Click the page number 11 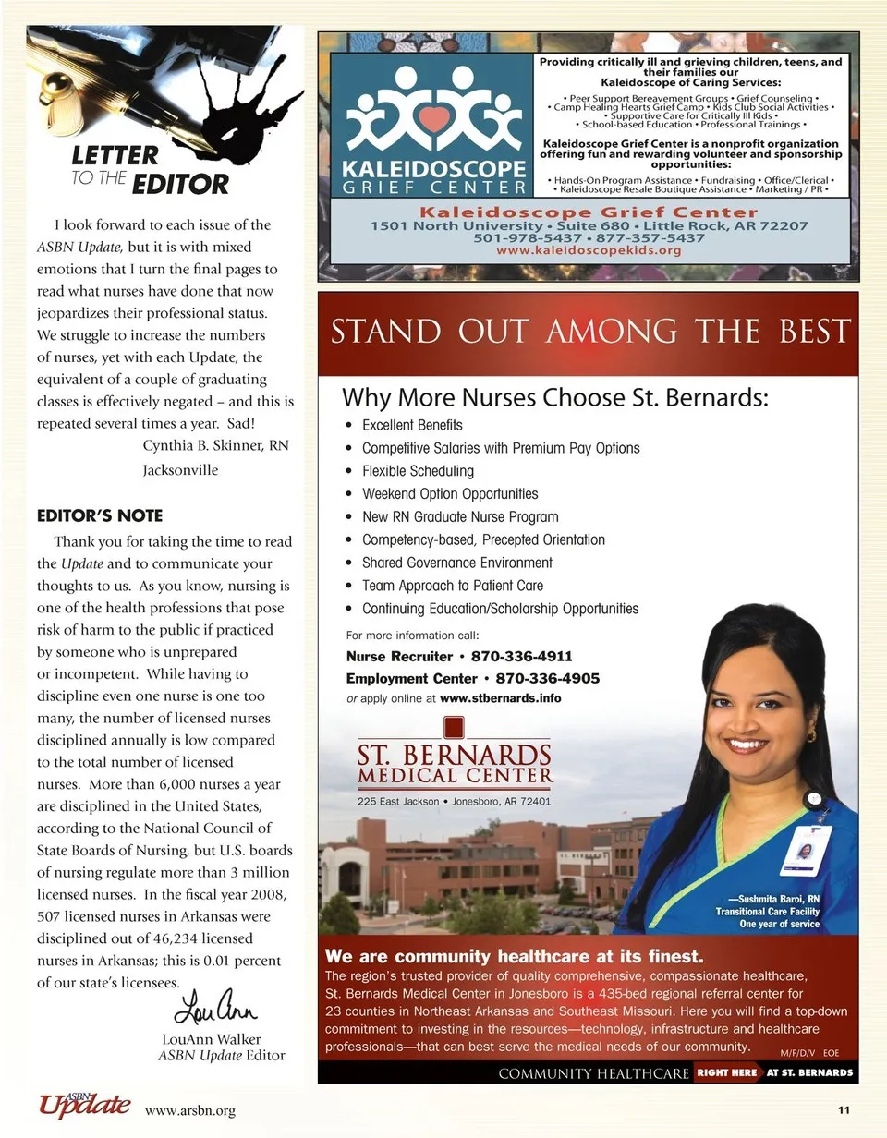tap(844, 1110)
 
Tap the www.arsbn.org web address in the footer tap(190, 1111)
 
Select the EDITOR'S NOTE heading tap(99, 515)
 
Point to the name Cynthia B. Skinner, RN tap(215, 446)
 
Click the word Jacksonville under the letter tap(180, 470)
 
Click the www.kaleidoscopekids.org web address tap(589, 250)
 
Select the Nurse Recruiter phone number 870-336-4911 tap(522, 657)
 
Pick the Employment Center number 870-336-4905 tap(535, 679)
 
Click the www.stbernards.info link tap(501, 699)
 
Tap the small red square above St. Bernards tap(454, 726)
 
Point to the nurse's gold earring tap(812, 736)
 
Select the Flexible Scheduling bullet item tap(418, 471)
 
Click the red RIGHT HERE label tap(727, 1073)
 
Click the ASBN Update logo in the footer tap(83, 1105)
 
